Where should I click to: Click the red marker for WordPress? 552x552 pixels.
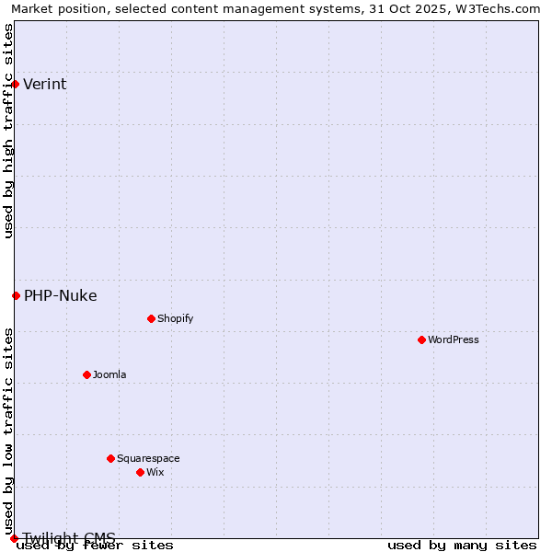tap(421, 339)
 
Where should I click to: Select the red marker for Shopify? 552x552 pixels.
tap(151, 318)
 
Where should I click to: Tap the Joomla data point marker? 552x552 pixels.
tap(86, 374)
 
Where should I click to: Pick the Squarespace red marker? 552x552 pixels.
tap(110, 458)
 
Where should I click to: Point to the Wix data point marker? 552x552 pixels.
tap(140, 472)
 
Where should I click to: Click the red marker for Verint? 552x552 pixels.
tap(15, 84)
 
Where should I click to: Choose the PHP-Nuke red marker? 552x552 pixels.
tap(16, 295)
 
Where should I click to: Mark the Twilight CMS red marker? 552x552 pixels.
tap(14, 538)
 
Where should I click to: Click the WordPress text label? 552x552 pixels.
tap(454, 339)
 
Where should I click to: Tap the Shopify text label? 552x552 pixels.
tap(175, 318)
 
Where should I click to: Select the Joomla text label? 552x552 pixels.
tap(109, 374)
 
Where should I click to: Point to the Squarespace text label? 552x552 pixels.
tap(148, 458)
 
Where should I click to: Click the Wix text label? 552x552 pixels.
tap(155, 472)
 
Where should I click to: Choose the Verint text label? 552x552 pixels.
tap(45, 85)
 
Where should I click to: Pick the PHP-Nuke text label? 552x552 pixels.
tap(61, 296)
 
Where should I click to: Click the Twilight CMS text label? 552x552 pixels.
tap(69, 537)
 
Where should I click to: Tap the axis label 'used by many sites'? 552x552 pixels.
tap(462, 546)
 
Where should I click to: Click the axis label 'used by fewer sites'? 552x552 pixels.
tap(95, 546)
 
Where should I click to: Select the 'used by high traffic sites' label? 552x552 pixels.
tap(8, 131)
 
